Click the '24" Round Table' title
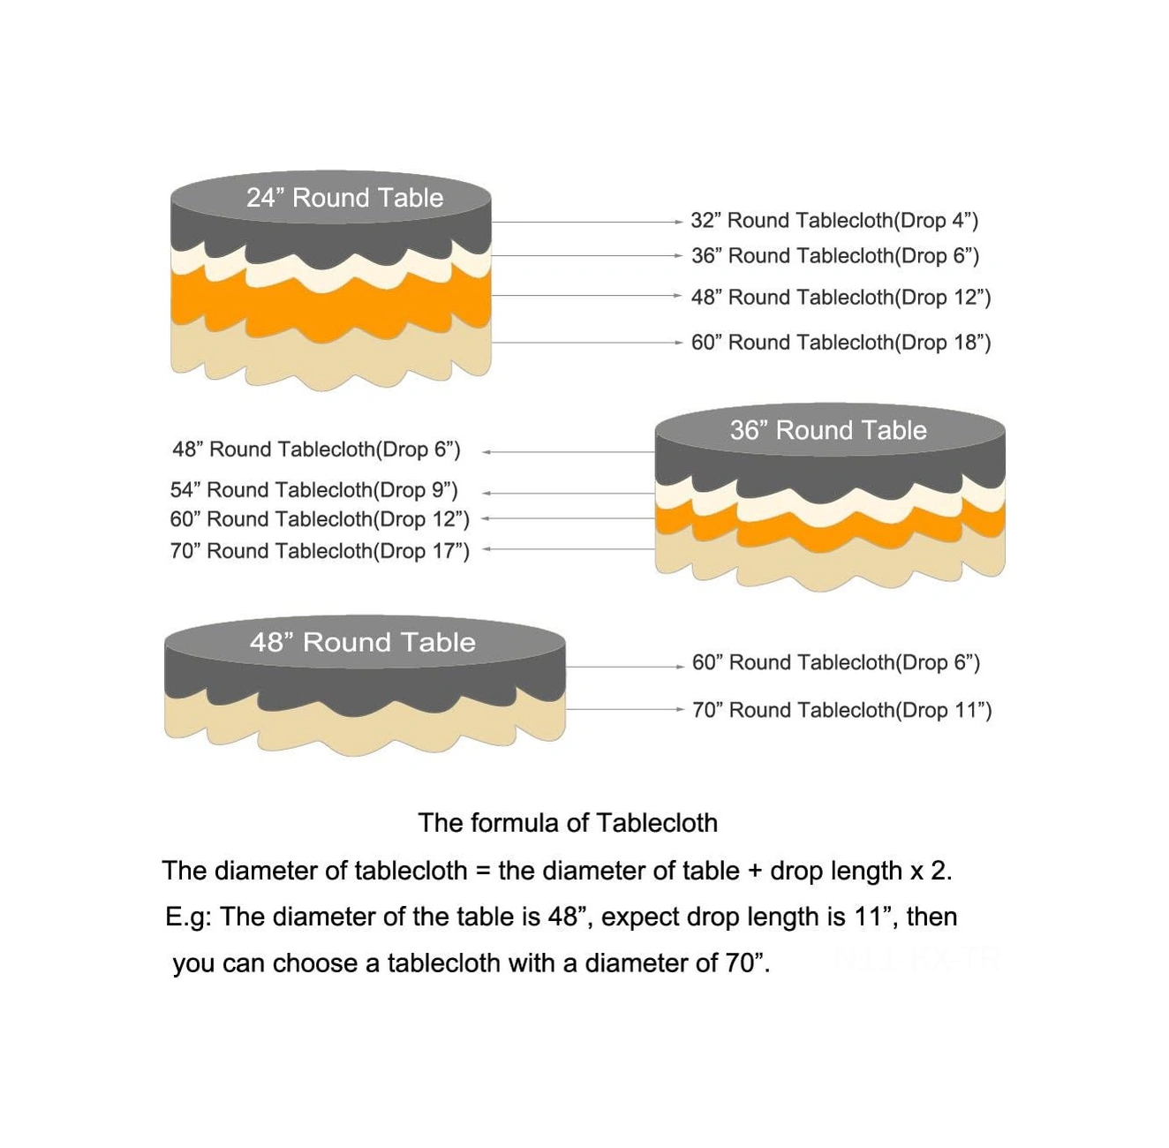pyautogui.click(x=344, y=198)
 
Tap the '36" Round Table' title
pyautogui.click(x=828, y=430)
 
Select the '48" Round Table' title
pyautogui.click(x=362, y=642)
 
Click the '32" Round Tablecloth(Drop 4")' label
pyautogui.click(x=834, y=221)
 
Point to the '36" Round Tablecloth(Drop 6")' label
pyautogui.click(x=835, y=256)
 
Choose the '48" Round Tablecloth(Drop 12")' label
pyautogui.click(x=841, y=298)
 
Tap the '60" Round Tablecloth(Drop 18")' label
pyautogui.click(x=841, y=343)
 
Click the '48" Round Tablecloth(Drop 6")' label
pyautogui.click(x=316, y=449)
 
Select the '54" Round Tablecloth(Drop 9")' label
pyautogui.click(x=314, y=490)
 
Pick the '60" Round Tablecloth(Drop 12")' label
pyautogui.click(x=320, y=519)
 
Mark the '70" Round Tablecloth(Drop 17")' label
pyautogui.click(x=320, y=551)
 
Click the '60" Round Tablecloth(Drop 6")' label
pyautogui.click(x=836, y=663)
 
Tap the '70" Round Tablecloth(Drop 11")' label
pyautogui.click(x=841, y=711)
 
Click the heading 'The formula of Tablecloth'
pyautogui.click(x=568, y=823)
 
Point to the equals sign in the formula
pyautogui.click(x=482, y=872)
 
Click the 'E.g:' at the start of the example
pyautogui.click(x=188, y=918)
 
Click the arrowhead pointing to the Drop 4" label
pyautogui.click(x=678, y=223)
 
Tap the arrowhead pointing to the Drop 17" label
pyautogui.click(x=486, y=549)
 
